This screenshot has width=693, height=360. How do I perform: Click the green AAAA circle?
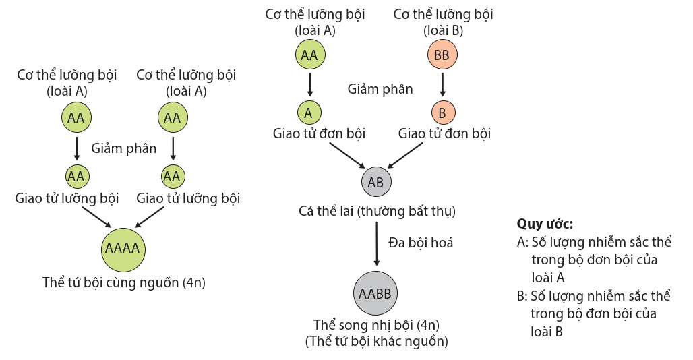click(122, 248)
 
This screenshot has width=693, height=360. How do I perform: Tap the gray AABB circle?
click(375, 293)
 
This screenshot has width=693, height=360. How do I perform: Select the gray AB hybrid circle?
click(375, 182)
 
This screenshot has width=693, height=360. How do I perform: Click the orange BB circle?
click(442, 55)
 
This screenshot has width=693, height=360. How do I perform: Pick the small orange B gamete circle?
click(442, 113)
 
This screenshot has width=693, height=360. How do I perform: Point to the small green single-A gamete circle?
click(309, 113)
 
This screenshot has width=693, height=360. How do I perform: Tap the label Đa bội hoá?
click(421, 243)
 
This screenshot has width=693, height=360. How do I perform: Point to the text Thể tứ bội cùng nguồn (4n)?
click(123, 282)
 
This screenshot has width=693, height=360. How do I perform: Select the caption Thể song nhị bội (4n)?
click(376, 325)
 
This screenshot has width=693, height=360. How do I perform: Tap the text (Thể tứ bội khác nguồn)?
click(376, 341)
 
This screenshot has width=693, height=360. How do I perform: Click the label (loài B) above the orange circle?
click(443, 30)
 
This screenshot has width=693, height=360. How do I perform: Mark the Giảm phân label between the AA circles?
click(124, 148)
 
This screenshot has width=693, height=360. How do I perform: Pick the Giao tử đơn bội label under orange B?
click(444, 133)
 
